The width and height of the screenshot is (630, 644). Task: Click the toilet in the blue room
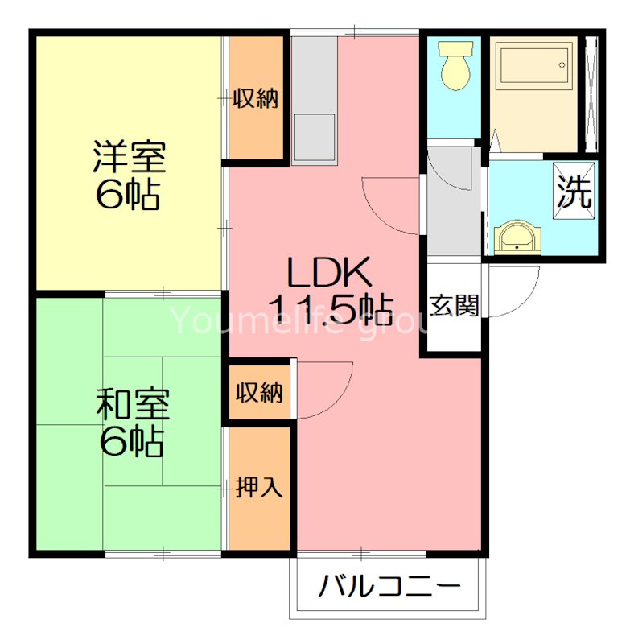coord(455,67)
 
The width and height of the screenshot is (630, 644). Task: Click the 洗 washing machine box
coord(575,192)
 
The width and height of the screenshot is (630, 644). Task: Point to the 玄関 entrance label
coord(455,307)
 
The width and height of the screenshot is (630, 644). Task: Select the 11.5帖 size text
coord(330,308)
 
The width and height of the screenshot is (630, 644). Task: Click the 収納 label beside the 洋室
coord(256,99)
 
